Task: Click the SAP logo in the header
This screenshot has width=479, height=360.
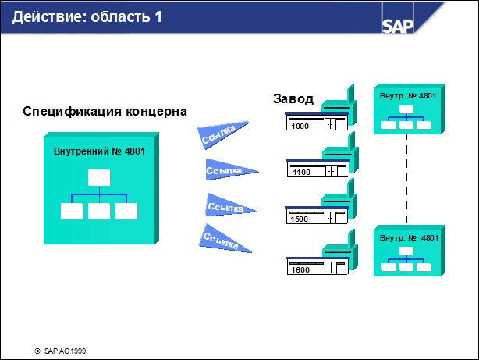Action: pos(398,26)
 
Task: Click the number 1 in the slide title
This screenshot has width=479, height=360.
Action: pos(158,16)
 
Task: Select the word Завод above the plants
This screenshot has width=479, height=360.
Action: pos(293,99)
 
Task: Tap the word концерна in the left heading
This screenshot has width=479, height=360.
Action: pos(156,112)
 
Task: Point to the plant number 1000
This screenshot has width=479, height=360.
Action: pos(300,126)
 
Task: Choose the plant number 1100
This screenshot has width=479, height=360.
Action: pos(301,173)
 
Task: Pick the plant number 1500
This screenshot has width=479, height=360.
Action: pos(299,219)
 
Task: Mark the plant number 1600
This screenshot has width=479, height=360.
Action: pos(300,269)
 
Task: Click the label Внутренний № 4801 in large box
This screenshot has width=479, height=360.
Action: pos(99,151)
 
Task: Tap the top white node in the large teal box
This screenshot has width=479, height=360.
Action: pos(99,178)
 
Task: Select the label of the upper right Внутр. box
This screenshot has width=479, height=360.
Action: pos(408,96)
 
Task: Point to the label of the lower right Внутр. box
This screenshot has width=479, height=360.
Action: pos(409,238)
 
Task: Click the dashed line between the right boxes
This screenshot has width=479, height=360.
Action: pos(406,180)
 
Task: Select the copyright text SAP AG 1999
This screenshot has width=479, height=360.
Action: pos(65,351)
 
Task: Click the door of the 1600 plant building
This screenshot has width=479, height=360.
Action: pos(330,269)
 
